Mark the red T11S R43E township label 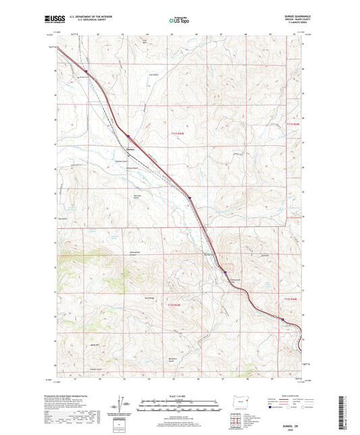click(172, 134)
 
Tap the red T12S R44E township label click(291, 299)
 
